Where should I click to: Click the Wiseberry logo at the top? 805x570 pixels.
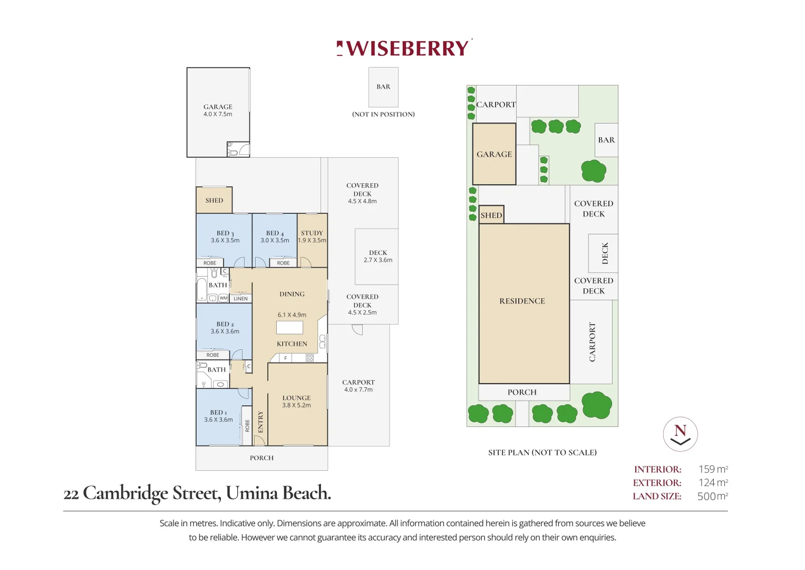coord(404,48)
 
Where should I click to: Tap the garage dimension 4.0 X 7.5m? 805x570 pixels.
coord(218,115)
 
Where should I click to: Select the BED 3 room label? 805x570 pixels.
coord(225,233)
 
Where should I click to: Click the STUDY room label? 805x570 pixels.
coord(312,233)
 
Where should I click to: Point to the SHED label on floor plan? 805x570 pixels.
coord(214,201)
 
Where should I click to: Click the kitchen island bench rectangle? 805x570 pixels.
coord(289,328)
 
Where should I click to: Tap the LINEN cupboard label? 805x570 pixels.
coord(240,299)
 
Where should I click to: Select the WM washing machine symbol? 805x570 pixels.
coord(224,298)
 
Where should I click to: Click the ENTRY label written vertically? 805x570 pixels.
coord(260,422)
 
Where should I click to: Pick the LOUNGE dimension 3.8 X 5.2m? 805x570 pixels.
coord(296,405)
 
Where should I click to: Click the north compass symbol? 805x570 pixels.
coord(680,434)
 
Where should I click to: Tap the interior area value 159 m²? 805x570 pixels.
coord(713,469)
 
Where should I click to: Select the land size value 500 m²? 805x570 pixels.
coord(712,496)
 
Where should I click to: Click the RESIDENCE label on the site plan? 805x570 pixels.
coord(522,301)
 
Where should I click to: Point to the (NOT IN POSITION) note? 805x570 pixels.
coord(383,115)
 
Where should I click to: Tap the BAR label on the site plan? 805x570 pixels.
coord(606,140)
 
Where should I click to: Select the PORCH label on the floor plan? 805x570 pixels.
coord(261,458)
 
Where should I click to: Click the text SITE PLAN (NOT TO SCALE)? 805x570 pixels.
coord(542,452)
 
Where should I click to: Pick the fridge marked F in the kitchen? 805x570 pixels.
coord(285,358)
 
